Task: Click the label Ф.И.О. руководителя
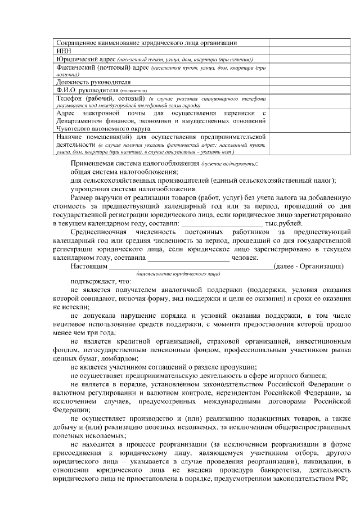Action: [x=85, y=89]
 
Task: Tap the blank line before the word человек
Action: [x=188, y=258]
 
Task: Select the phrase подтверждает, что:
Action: [x=101, y=281]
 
